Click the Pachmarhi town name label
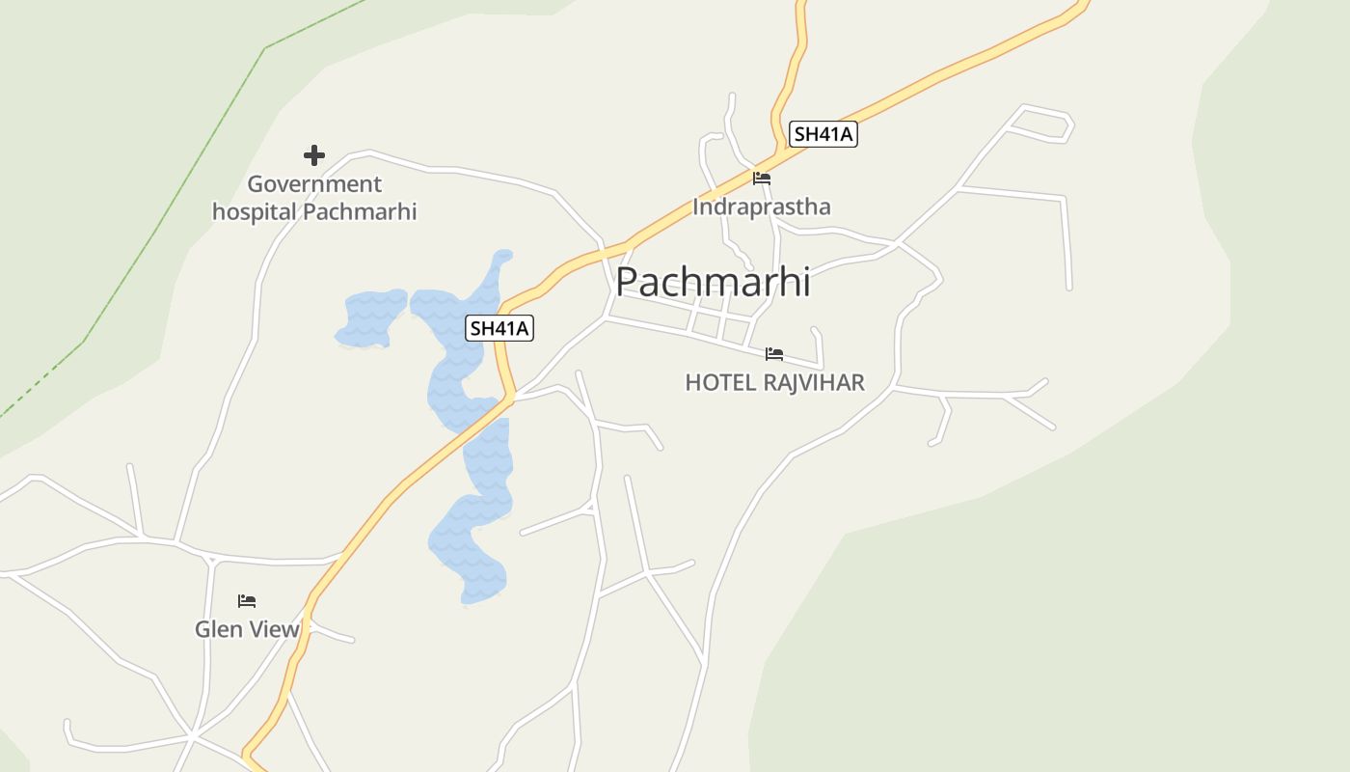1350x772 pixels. click(x=713, y=282)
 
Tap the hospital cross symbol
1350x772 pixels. click(x=313, y=154)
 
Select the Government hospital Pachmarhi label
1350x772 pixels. click(x=314, y=198)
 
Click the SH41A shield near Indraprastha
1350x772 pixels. click(x=823, y=134)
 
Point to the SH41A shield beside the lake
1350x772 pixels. click(x=499, y=328)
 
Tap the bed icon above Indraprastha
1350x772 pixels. click(x=762, y=179)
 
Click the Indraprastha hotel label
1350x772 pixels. click(x=761, y=207)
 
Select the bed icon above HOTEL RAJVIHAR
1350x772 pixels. click(x=774, y=354)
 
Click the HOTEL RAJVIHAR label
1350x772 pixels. click(x=774, y=383)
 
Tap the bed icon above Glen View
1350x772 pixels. click(x=247, y=601)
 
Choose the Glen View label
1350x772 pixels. click(x=247, y=629)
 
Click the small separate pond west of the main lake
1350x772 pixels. click(x=371, y=317)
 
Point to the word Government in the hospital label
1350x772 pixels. click(x=314, y=184)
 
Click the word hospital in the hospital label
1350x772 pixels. click(x=254, y=211)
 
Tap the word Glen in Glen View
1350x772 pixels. click(x=216, y=629)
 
